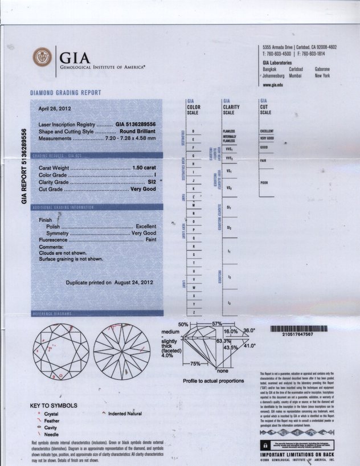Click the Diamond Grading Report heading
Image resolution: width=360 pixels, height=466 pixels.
click(x=66, y=93)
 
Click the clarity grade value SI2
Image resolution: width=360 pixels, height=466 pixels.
click(x=152, y=182)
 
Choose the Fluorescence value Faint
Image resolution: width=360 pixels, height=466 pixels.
click(x=149, y=240)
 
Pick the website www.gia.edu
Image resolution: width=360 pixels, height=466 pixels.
click(x=273, y=84)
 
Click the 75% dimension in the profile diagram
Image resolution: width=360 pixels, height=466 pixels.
click(x=195, y=363)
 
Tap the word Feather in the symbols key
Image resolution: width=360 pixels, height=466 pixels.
click(x=52, y=420)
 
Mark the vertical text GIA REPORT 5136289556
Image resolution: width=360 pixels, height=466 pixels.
click(x=24, y=166)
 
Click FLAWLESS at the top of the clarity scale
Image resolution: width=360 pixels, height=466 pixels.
click(x=229, y=131)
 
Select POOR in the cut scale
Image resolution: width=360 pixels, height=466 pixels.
click(x=264, y=183)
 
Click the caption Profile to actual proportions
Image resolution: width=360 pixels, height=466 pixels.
click(x=214, y=381)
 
